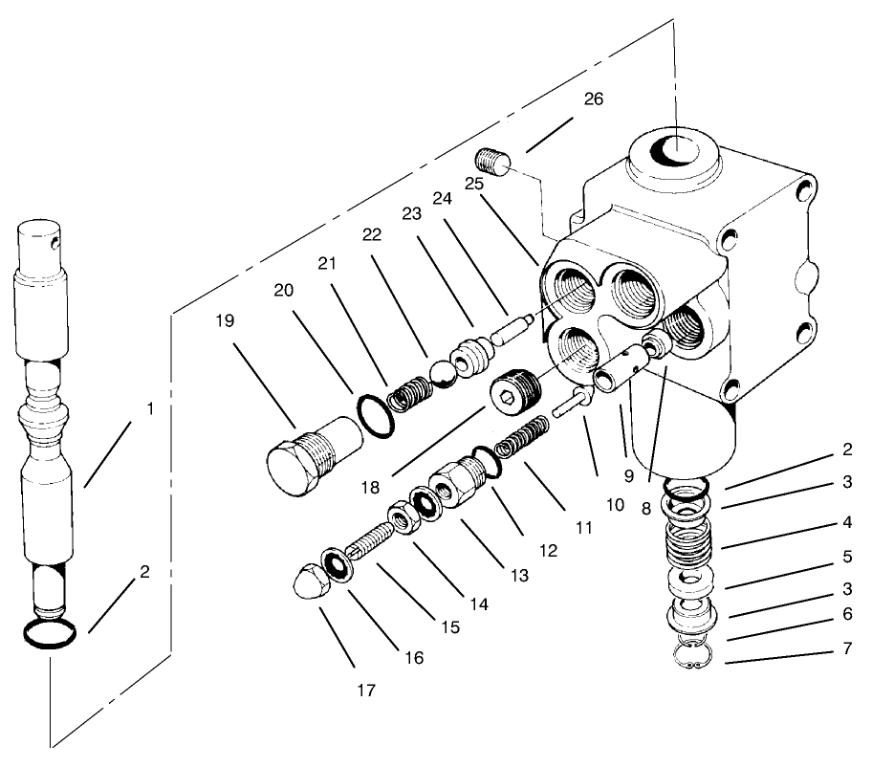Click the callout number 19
click(225, 321)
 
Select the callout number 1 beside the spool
click(149, 408)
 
